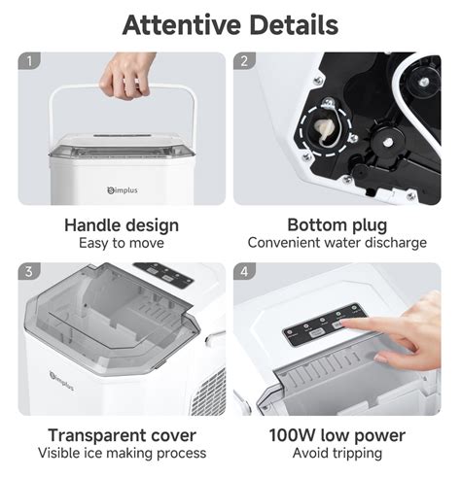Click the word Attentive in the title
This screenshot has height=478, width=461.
pyautogui.click(x=179, y=24)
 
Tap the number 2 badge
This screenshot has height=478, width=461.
pyautogui.click(x=244, y=61)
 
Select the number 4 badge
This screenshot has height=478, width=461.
pyautogui.click(x=244, y=272)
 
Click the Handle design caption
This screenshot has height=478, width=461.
pyautogui.click(x=122, y=225)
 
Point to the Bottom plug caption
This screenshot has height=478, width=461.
pyautogui.click(x=337, y=225)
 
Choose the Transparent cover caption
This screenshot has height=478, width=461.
pyautogui.click(x=122, y=434)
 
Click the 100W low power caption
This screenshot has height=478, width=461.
pyautogui.click(x=337, y=434)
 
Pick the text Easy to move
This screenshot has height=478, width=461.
pyautogui.click(x=122, y=243)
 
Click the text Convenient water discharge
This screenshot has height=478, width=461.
pyautogui.click(x=337, y=243)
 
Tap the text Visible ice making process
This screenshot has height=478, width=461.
pyautogui.click(x=122, y=453)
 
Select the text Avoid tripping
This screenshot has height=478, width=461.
pyautogui.click(x=337, y=453)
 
